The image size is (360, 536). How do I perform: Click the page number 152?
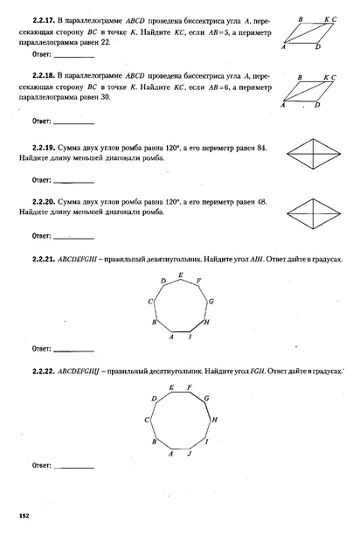(24, 516)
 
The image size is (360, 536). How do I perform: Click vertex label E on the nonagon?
(180, 275)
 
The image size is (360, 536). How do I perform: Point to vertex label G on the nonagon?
(211, 300)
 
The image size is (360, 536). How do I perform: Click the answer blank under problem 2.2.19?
(73, 181)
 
